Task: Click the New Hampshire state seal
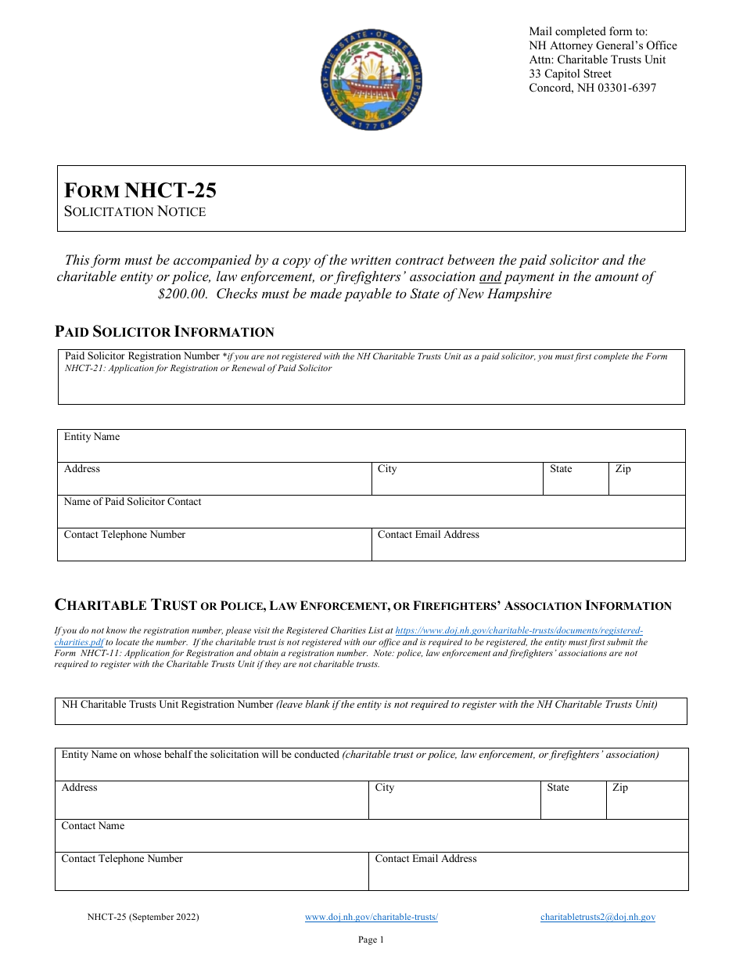point(371,79)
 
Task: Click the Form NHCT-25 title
point(141,190)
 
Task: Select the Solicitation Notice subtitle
point(135,211)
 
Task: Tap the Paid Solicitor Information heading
point(164,331)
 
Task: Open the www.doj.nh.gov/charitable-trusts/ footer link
point(371,917)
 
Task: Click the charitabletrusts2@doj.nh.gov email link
point(598,917)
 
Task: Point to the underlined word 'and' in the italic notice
point(490,277)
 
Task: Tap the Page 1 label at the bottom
point(371,940)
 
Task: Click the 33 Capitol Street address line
point(570,74)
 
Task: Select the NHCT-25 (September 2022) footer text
point(143,917)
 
